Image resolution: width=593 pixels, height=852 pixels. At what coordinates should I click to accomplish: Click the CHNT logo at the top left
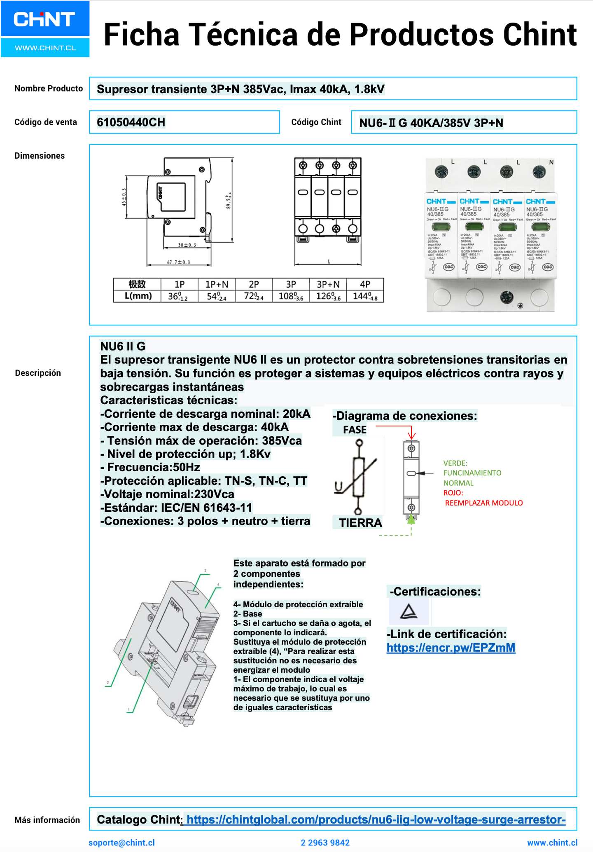click(x=44, y=19)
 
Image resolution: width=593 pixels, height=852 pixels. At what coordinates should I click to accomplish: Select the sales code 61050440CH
click(x=131, y=122)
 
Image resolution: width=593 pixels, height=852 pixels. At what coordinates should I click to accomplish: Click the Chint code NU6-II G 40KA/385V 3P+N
click(x=431, y=123)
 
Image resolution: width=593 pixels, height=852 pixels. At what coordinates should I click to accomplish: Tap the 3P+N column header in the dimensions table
click(x=328, y=284)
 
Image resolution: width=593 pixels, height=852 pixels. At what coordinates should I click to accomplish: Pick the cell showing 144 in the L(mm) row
click(x=365, y=296)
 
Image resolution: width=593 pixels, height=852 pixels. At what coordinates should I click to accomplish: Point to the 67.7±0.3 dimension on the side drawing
click(x=178, y=262)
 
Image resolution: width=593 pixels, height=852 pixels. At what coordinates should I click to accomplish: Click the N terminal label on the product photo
click(x=551, y=162)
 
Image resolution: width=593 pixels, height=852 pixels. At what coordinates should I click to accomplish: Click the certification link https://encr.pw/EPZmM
click(x=451, y=648)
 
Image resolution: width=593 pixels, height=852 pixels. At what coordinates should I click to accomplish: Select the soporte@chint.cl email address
click(x=121, y=843)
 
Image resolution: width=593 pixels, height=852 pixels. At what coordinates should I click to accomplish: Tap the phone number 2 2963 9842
click(x=325, y=843)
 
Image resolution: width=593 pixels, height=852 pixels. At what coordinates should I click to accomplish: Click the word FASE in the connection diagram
click(x=354, y=430)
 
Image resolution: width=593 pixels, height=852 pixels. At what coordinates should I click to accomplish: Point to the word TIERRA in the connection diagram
click(x=360, y=523)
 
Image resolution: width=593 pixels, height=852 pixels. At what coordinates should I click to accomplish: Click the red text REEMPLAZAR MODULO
click(x=483, y=503)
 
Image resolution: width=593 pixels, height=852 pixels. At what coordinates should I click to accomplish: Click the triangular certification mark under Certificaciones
click(x=409, y=611)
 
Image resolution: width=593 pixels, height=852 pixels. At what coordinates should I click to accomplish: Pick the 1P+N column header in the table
click(x=217, y=284)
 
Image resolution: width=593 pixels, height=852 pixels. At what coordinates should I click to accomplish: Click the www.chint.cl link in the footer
click(x=552, y=843)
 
